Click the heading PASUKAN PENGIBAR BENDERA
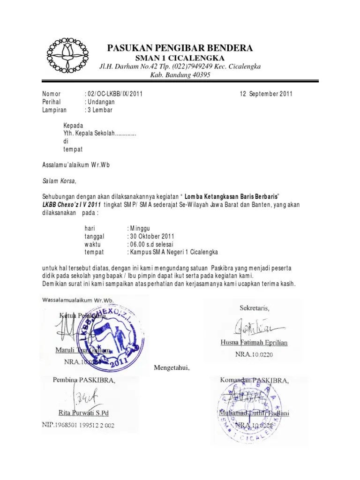180,48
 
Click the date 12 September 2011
266,94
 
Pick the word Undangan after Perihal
101,102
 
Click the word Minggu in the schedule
139,228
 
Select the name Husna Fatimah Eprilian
254,343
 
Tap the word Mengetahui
172,367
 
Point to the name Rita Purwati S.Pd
83,413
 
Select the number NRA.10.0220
254,355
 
